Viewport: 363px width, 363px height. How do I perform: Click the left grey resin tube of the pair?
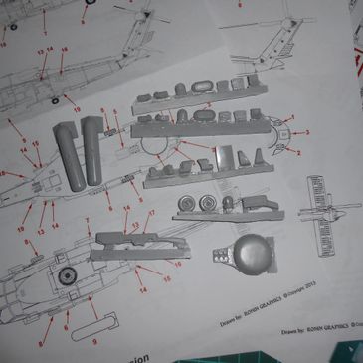tap(66, 149)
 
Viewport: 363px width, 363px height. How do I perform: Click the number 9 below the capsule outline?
tap(94, 339)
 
